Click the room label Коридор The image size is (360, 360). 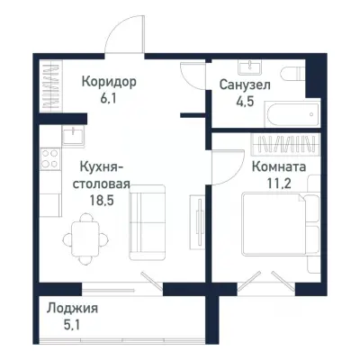click(x=109, y=82)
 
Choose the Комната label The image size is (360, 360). click(x=278, y=167)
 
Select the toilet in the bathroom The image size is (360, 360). click(x=291, y=77)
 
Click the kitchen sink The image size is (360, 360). click(x=71, y=136)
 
